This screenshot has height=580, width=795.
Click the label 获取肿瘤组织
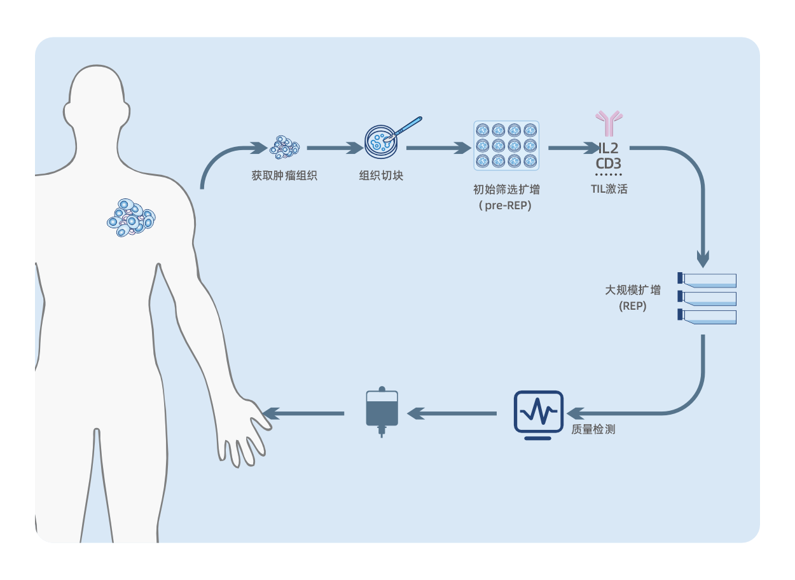click(284, 176)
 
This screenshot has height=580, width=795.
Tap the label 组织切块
click(381, 176)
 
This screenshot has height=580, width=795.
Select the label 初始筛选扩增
click(506, 190)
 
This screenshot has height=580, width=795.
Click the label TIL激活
click(609, 189)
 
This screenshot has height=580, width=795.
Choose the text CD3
click(609, 164)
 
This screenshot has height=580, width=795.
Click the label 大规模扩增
click(632, 291)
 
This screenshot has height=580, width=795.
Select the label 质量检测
click(593, 429)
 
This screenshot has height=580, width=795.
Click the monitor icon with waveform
click(538, 415)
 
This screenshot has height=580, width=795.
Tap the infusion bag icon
click(382, 411)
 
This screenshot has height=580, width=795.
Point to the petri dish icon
click(382, 141)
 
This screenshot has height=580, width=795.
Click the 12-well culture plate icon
click(506, 146)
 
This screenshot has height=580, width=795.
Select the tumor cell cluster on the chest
click(131, 217)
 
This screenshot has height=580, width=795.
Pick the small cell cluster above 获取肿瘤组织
click(284, 148)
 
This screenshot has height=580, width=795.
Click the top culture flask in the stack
click(707, 280)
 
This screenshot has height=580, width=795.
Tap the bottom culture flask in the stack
click(707, 317)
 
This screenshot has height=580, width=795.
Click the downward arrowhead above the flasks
click(703, 259)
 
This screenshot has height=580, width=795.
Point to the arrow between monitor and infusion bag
click(452, 414)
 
